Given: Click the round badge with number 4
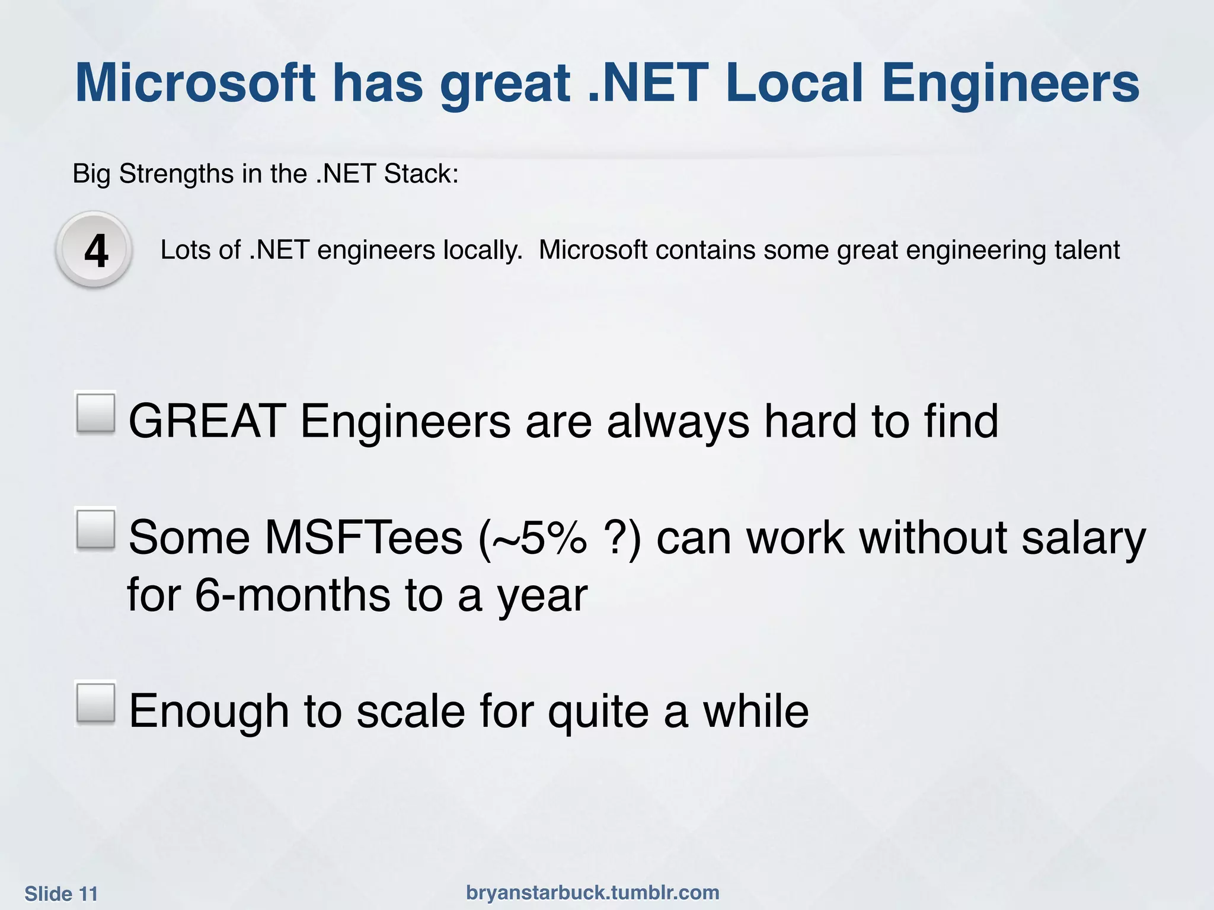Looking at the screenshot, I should pyautogui.click(x=95, y=251).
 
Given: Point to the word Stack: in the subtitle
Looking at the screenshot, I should pyautogui.click(x=421, y=174).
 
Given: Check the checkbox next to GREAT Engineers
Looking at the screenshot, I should pyautogui.click(x=95, y=413).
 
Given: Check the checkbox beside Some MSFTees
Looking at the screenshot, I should pyautogui.click(x=95, y=529).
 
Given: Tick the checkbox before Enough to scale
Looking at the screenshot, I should pyautogui.click(x=95, y=703).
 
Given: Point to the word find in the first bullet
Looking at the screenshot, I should pyautogui.click(x=961, y=421).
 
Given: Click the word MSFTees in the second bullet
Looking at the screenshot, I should pyautogui.click(x=363, y=537).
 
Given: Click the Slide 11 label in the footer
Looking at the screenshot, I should pyautogui.click(x=61, y=894).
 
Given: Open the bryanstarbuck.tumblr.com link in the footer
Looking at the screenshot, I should pyautogui.click(x=593, y=892).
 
